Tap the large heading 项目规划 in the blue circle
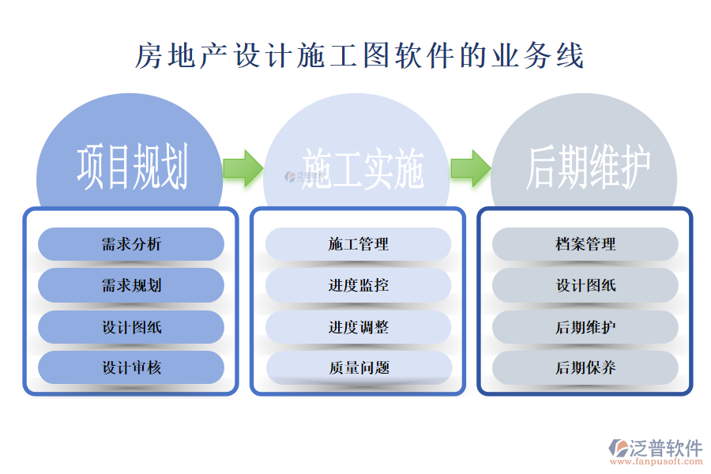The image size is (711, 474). (132, 167)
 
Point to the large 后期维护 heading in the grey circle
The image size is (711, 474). (589, 167)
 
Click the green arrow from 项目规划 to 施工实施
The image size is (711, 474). (243, 167)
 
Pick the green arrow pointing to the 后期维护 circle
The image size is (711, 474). (470, 167)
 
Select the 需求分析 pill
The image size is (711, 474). (131, 244)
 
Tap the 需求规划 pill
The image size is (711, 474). (131, 285)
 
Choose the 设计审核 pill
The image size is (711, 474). (131, 368)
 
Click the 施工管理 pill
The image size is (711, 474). (359, 244)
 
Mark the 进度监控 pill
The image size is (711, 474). (359, 285)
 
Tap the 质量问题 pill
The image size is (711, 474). (359, 368)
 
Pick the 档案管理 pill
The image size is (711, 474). (585, 244)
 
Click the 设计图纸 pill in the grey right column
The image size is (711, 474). (585, 285)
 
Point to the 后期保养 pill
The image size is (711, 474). (585, 368)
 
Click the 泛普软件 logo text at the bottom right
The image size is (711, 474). (666, 448)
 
